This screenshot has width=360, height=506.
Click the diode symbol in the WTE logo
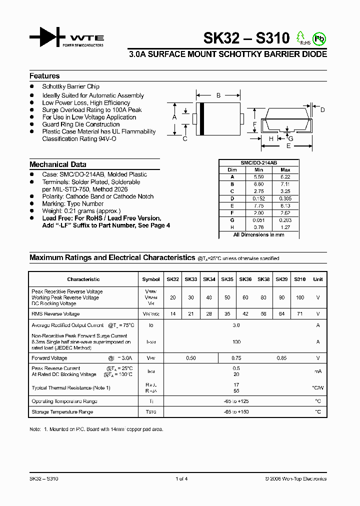pos(48,37)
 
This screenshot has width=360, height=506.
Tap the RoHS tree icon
pos(300,37)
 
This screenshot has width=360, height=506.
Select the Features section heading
pos(44,76)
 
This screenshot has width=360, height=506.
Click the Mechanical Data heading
pos(57,164)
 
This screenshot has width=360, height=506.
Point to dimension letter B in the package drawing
pos(218,95)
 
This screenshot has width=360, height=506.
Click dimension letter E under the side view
pos(288,146)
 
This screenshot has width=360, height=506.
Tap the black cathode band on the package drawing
pos(201,119)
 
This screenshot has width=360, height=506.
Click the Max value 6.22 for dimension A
pos(285,176)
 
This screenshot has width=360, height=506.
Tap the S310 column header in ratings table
pos(299,279)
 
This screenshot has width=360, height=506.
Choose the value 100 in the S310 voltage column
pos(299,297)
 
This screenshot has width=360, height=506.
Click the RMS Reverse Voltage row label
pos(55,314)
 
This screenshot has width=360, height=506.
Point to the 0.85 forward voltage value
pos(282,358)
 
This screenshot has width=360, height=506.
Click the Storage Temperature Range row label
pos(62,412)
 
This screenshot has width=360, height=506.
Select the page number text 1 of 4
pos(182,478)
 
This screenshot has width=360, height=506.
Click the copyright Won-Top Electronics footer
pos(295,478)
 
